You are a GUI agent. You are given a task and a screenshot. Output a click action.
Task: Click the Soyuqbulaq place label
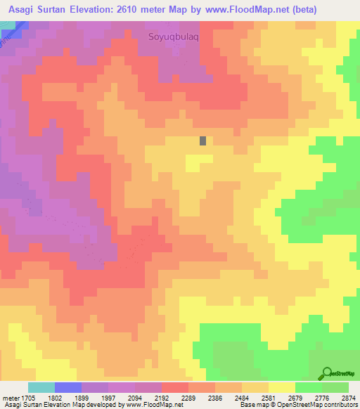pyautogui.click(x=174, y=37)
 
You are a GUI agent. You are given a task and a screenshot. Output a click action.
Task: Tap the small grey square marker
pyautogui.click(x=203, y=141)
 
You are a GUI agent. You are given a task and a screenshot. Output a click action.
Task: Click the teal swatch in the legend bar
pyautogui.click(x=41, y=387)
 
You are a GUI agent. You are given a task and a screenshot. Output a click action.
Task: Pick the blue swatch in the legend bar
pyautogui.click(x=68, y=387)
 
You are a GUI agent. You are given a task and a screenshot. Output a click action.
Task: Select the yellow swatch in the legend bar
pyautogui.click(x=282, y=387)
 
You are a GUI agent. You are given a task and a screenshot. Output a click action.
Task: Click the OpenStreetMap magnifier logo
pyautogui.click(x=328, y=373)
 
